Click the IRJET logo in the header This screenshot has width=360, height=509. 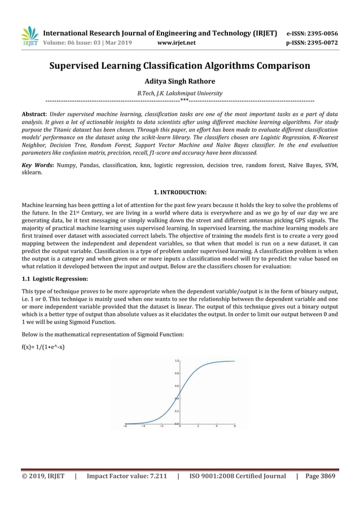pyautogui.click(x=29, y=36)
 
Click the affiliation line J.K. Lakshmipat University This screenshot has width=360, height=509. pyautogui.click(x=179, y=93)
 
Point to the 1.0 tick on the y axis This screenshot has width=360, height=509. pyautogui.click(x=177, y=361)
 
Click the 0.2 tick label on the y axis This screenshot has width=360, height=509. pyautogui.click(x=177, y=411)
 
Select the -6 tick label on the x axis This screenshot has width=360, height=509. pyautogui.click(x=125, y=427)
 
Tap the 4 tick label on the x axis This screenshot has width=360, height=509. pyautogui.click(x=217, y=427)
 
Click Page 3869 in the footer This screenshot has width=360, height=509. pyautogui.click(x=321, y=477)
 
